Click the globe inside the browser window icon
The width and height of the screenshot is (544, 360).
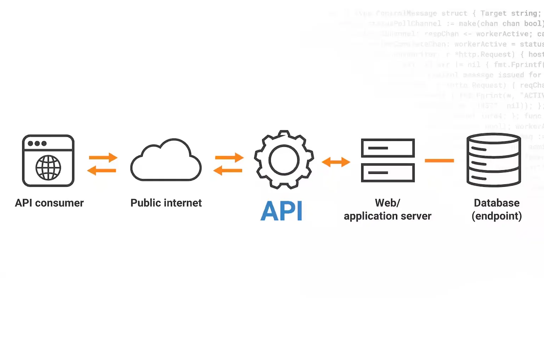48,168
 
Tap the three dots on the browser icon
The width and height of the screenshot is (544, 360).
37,144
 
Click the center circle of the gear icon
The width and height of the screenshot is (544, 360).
284,160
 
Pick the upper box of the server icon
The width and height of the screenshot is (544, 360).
388,148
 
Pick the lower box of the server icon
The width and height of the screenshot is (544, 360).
388,173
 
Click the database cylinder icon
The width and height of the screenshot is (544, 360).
494,160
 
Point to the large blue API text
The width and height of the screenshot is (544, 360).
282,211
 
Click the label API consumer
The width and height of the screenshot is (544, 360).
49,203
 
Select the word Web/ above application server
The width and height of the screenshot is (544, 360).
387,203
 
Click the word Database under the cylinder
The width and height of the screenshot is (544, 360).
497,203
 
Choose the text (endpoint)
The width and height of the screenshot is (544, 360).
497,216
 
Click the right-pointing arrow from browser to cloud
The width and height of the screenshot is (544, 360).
103,157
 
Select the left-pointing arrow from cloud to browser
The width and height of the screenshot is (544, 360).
102,170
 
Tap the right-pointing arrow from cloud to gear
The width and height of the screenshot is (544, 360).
229,157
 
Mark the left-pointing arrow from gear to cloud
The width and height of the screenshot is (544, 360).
228,170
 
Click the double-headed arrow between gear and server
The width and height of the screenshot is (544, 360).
336,162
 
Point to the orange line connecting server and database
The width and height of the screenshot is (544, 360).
439,161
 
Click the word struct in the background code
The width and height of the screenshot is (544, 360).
454,13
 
